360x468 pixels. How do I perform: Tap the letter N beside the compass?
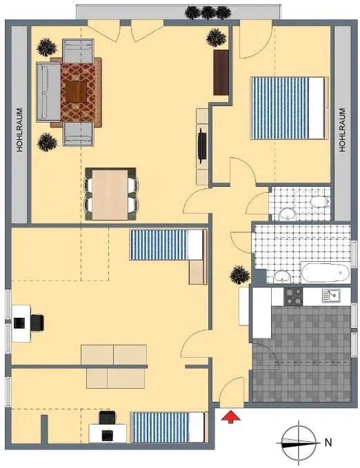pos(328,442)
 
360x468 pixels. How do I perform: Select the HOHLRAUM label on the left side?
pos(20,130)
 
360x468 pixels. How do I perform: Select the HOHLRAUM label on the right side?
pos(342,130)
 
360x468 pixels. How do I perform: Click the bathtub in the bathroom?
pos(326,272)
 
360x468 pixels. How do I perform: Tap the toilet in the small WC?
pos(320,202)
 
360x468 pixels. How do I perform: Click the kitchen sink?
pos(331,296)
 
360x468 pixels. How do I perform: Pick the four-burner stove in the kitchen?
pos(293,296)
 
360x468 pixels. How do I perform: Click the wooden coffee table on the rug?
pos(76,91)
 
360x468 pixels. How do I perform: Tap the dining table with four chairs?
pos(110,194)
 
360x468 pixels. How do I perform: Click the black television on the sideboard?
pos(202,145)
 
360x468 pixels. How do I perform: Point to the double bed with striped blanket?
pos(288,108)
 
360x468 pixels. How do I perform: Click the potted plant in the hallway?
pos(239,274)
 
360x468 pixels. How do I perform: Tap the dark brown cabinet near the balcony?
pos(221,72)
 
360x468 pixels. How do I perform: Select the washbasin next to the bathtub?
pos(282,276)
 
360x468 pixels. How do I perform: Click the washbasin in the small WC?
pos(287,214)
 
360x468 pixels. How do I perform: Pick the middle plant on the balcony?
pos(208,12)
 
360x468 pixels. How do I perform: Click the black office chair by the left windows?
pos(37,323)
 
